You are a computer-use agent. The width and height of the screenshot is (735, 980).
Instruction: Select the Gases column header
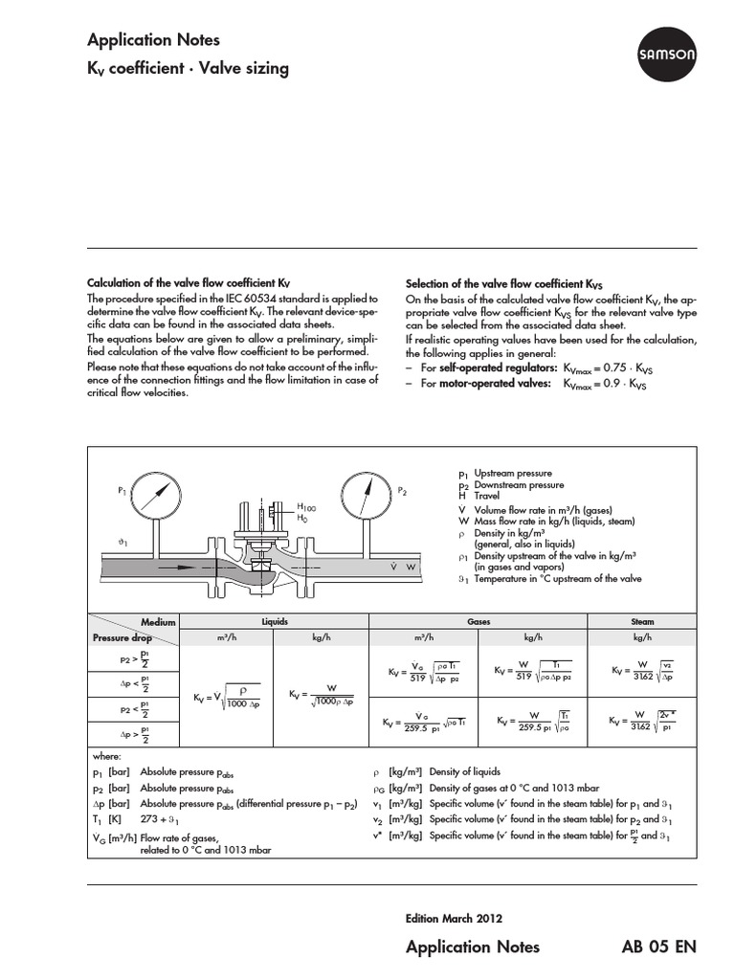click(478, 621)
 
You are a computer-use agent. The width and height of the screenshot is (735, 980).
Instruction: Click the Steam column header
click(642, 621)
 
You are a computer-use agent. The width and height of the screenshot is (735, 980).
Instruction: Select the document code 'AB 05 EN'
click(659, 947)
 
